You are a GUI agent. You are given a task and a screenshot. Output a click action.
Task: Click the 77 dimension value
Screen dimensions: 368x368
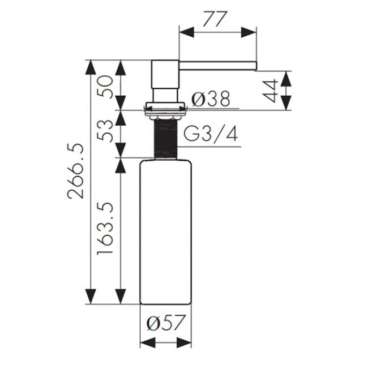[215, 19]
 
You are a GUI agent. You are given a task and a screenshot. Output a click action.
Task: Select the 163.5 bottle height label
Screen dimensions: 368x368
[105, 228]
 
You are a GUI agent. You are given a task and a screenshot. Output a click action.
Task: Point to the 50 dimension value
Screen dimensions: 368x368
[105, 86]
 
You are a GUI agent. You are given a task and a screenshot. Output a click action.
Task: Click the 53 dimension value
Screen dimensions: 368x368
[105, 130]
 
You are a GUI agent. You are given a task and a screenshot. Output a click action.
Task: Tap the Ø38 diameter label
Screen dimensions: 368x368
[211, 99]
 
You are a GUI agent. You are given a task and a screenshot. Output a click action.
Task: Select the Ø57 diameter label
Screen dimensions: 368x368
[166, 323]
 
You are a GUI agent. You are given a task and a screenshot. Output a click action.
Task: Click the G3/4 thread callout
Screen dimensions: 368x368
[210, 134]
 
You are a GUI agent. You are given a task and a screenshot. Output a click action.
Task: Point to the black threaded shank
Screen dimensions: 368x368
[165, 139]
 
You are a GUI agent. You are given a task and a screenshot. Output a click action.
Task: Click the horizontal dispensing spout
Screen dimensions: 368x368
[218, 66]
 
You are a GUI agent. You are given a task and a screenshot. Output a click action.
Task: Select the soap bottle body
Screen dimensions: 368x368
[165, 232]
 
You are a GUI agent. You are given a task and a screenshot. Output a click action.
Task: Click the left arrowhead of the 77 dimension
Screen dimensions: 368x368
[187, 32]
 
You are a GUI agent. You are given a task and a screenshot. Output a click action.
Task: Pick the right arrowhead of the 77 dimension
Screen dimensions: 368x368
[249, 32]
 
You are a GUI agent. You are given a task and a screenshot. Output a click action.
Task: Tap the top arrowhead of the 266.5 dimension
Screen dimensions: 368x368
[91, 68]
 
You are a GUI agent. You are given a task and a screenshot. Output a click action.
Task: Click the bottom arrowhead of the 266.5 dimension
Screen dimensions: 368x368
[91, 297]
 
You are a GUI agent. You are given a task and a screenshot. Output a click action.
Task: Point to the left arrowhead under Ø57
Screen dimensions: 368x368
[148, 343]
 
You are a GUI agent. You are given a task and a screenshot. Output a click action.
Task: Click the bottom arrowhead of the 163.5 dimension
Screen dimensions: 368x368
[120, 297]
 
